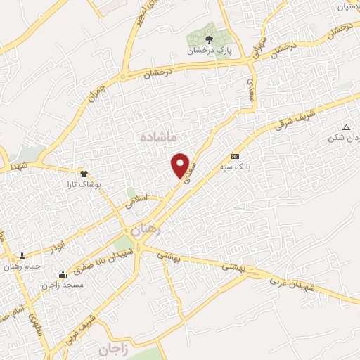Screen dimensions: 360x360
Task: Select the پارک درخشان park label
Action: [208, 51]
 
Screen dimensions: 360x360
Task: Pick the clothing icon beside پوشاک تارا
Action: [84, 171]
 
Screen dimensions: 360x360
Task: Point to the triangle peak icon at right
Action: [345, 127]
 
